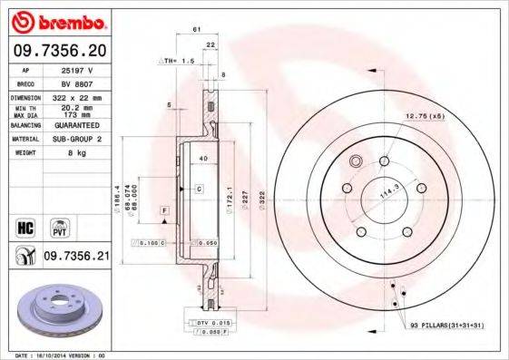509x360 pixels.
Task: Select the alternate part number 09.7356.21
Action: [x=76, y=258]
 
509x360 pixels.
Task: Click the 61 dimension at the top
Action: [x=197, y=30]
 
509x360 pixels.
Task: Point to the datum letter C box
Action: [x=198, y=188]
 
